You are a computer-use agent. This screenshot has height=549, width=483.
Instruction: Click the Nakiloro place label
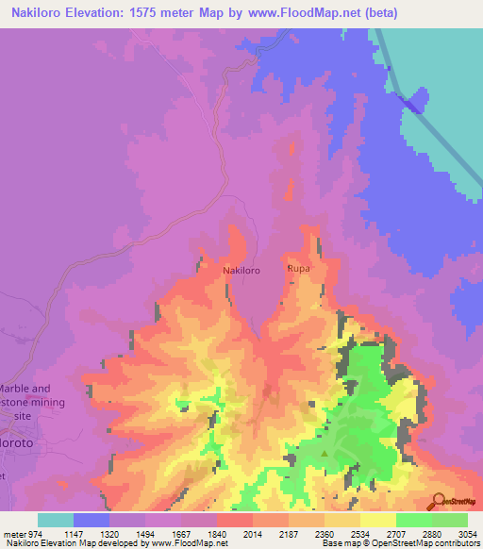click(x=241, y=271)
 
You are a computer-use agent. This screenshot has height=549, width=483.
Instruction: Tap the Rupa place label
click(x=298, y=269)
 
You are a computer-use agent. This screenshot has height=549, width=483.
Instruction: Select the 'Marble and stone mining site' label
click(x=25, y=400)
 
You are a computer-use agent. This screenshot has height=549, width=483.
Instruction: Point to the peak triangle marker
click(x=325, y=454)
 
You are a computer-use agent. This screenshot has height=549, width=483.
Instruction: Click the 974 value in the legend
click(x=36, y=533)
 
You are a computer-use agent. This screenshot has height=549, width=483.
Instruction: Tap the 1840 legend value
click(x=216, y=533)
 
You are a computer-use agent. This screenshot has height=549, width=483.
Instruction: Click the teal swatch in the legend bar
click(x=56, y=520)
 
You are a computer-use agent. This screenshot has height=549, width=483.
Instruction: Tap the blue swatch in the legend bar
click(x=92, y=520)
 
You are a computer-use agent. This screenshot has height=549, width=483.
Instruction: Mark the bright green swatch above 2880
click(x=414, y=520)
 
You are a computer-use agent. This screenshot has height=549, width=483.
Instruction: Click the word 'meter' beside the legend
click(x=13, y=533)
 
